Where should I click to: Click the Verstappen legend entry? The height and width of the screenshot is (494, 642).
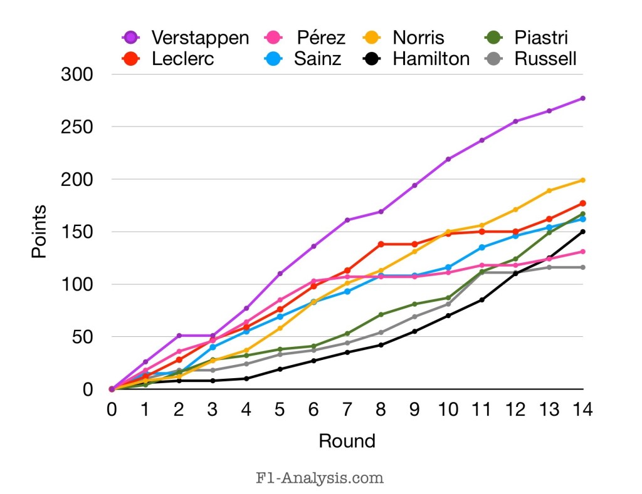coord(199,38)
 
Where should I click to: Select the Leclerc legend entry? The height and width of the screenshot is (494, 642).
coord(182,59)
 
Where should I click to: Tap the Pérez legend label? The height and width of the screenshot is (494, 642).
coord(322,38)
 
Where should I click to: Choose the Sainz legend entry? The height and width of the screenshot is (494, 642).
coord(317,59)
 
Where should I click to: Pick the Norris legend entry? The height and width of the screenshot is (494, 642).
coord(419,38)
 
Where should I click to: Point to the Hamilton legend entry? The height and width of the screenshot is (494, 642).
coord(431,59)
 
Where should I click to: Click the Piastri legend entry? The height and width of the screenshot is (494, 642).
coord(541,38)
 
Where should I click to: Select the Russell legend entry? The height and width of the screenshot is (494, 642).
coord(545,59)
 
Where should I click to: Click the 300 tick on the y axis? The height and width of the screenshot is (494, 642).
coord(77,75)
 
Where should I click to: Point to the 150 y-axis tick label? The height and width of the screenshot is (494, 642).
coord(77,232)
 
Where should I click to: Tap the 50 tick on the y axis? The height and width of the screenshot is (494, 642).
coord(82,337)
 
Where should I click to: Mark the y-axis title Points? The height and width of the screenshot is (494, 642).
coord(39,232)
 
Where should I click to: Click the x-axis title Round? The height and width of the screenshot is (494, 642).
coord(347,441)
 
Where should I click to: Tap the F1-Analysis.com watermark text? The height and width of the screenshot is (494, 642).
coord(320,478)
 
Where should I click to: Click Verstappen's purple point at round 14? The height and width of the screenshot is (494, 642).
coord(582,98)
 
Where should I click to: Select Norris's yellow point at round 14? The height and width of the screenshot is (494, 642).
coord(582,180)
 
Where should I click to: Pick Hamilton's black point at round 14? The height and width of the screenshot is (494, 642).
coord(582,232)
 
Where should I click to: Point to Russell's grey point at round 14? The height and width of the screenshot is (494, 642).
coord(582,267)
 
